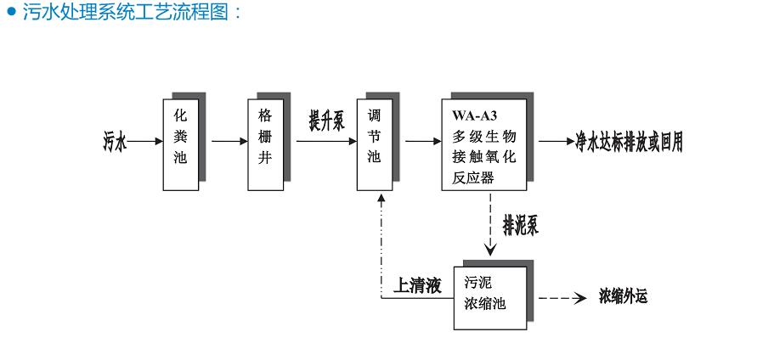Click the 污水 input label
point(111,142)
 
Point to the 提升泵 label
point(326,121)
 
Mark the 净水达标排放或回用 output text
point(629,141)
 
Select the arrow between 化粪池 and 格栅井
point(223,142)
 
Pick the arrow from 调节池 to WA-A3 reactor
point(419,142)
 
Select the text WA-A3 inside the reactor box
point(472,116)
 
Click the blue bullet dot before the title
point(10,14)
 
